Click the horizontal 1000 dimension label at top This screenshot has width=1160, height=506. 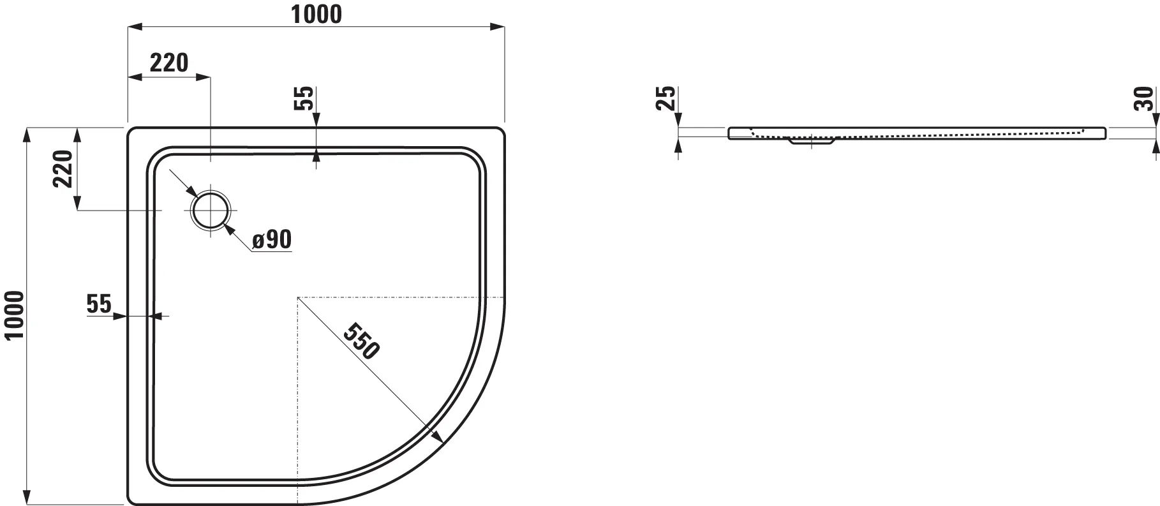point(317,14)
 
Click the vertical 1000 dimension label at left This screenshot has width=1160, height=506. point(14,316)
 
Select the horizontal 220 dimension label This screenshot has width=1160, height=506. point(169,63)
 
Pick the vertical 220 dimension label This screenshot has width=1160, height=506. point(63,169)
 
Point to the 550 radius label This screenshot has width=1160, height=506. point(362,341)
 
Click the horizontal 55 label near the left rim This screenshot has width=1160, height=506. point(99,304)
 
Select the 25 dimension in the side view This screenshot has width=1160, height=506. point(666,99)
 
